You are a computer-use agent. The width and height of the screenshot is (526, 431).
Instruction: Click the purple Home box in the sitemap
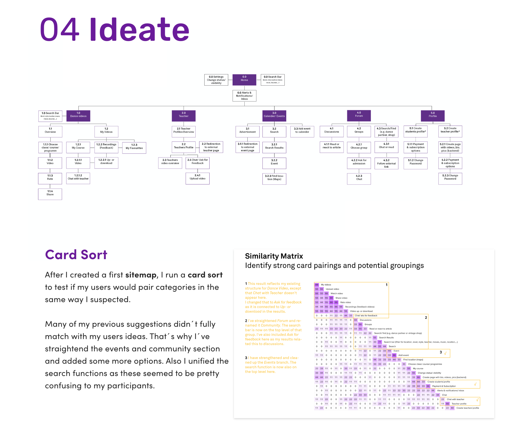pyautogui.click(x=244, y=80)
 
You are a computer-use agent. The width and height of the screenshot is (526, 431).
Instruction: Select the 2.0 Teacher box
pyautogui.click(x=184, y=116)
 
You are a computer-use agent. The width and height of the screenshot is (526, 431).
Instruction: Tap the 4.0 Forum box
pyautogui.click(x=359, y=115)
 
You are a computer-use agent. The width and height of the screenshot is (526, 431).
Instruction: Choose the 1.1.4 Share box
pyautogui.click(x=50, y=194)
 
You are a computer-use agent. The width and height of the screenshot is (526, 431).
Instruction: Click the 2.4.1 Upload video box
pyautogui.click(x=198, y=178)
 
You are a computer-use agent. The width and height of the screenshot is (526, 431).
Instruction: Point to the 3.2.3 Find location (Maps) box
pyautogui.click(x=274, y=179)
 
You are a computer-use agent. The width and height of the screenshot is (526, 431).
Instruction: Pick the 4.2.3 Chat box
pyautogui.click(x=359, y=179)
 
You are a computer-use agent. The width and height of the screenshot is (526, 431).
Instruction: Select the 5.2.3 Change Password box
pyautogui.click(x=450, y=178)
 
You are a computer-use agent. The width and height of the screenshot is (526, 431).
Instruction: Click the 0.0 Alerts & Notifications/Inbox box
pyautogui.click(x=244, y=96)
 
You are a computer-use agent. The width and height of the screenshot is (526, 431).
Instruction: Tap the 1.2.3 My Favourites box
pyautogui.click(x=134, y=148)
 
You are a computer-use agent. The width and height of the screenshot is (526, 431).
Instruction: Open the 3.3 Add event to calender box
pyautogui.click(x=302, y=131)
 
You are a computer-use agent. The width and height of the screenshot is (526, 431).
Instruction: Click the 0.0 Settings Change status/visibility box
pyautogui.click(x=216, y=80)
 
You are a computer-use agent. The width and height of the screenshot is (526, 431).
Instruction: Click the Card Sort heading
pyautogui.click(x=76, y=255)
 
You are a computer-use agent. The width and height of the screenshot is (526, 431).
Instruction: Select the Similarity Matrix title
pyautogui.click(x=274, y=256)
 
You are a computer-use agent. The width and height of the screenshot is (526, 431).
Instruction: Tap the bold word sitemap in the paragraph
pyautogui.click(x=141, y=275)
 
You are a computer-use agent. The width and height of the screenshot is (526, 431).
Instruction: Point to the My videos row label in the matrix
pyautogui.click(x=326, y=285)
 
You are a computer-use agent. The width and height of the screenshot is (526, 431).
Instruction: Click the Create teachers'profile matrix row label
pyautogui.click(x=468, y=408)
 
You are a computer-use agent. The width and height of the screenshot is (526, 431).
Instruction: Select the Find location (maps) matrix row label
pyautogui.click(x=413, y=360)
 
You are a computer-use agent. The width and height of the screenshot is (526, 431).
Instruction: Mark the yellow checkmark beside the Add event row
pyautogui.click(x=445, y=353)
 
